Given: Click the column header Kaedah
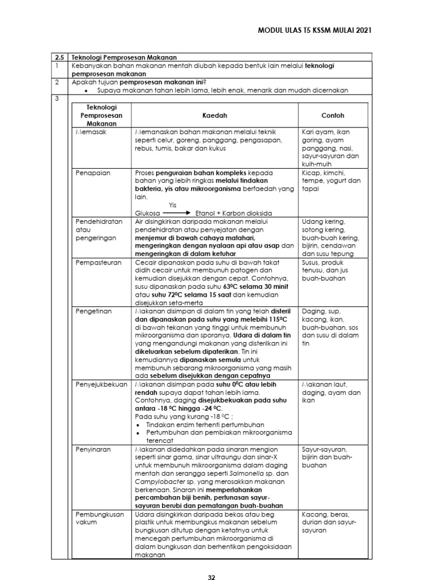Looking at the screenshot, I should click(x=214, y=115).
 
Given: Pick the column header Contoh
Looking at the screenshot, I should click(x=332, y=115).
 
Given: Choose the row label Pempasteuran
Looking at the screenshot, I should click(x=95, y=263).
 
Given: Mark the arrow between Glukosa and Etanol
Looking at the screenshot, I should click(x=176, y=213).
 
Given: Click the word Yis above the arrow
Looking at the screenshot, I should click(x=173, y=205).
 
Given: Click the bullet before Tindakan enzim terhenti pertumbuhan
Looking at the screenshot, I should click(x=139, y=424).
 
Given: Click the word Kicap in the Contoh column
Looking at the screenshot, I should click(x=312, y=172).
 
